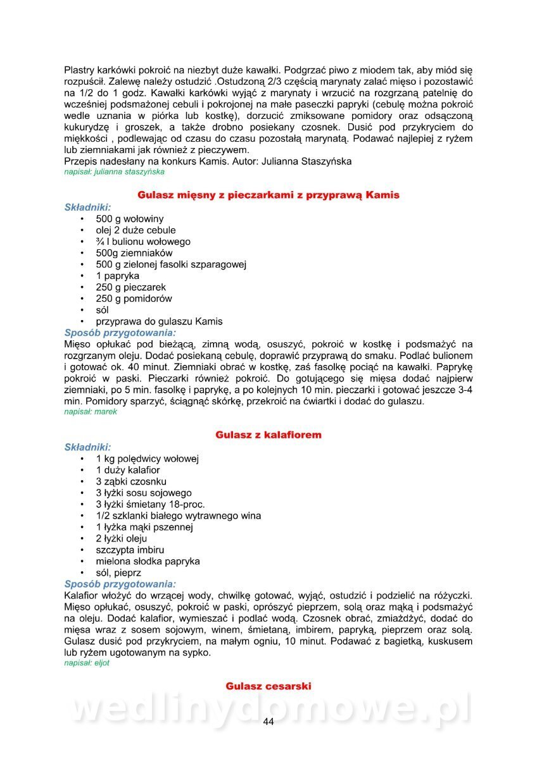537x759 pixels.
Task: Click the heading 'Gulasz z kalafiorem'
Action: click(x=268, y=435)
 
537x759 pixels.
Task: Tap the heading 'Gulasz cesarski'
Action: click(x=268, y=686)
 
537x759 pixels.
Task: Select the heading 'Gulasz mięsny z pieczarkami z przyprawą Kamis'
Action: click(x=268, y=195)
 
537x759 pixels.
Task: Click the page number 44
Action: click(x=268, y=722)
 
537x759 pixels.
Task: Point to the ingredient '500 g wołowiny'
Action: click(x=130, y=219)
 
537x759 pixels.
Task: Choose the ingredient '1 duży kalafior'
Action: click(x=128, y=470)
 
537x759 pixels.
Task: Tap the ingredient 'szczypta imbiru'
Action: click(x=130, y=550)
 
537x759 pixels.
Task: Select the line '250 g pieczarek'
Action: click(x=131, y=287)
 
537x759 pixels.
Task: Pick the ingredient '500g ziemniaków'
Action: click(x=134, y=253)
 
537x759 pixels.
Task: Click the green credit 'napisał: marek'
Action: click(x=91, y=412)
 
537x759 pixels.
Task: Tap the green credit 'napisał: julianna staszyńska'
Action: click(x=115, y=171)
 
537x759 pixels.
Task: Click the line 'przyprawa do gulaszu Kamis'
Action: click(x=160, y=321)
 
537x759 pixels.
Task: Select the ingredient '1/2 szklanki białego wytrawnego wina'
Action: click(x=179, y=515)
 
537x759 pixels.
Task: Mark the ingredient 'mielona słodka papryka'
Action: click(x=148, y=562)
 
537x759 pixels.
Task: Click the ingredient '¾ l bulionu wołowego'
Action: click(x=143, y=242)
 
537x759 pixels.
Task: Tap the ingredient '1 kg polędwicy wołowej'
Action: click(x=148, y=459)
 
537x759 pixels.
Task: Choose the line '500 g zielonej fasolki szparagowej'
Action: click(x=171, y=264)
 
